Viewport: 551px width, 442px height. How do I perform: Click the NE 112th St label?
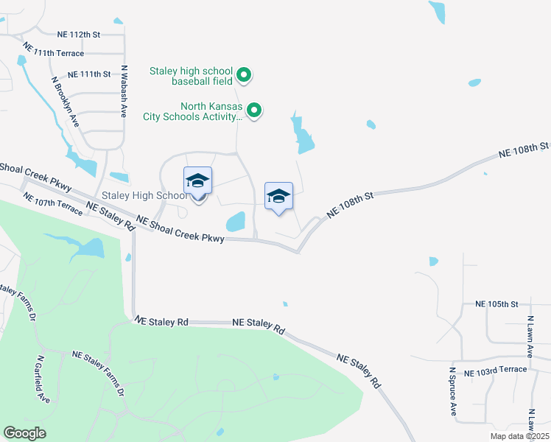(78, 34)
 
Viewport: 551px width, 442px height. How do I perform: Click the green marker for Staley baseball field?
(246, 74)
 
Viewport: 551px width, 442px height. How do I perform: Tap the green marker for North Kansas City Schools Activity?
(254, 110)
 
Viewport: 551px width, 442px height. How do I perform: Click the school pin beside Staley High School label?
(197, 181)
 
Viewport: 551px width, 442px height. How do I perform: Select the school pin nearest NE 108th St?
(278, 197)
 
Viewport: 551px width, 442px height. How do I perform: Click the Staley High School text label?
(144, 195)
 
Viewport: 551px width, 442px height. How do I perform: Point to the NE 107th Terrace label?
(52, 203)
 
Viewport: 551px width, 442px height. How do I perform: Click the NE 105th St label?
(497, 304)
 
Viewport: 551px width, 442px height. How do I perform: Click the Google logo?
(25, 433)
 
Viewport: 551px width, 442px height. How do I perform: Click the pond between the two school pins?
(236, 221)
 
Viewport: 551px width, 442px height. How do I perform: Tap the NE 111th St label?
(88, 74)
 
